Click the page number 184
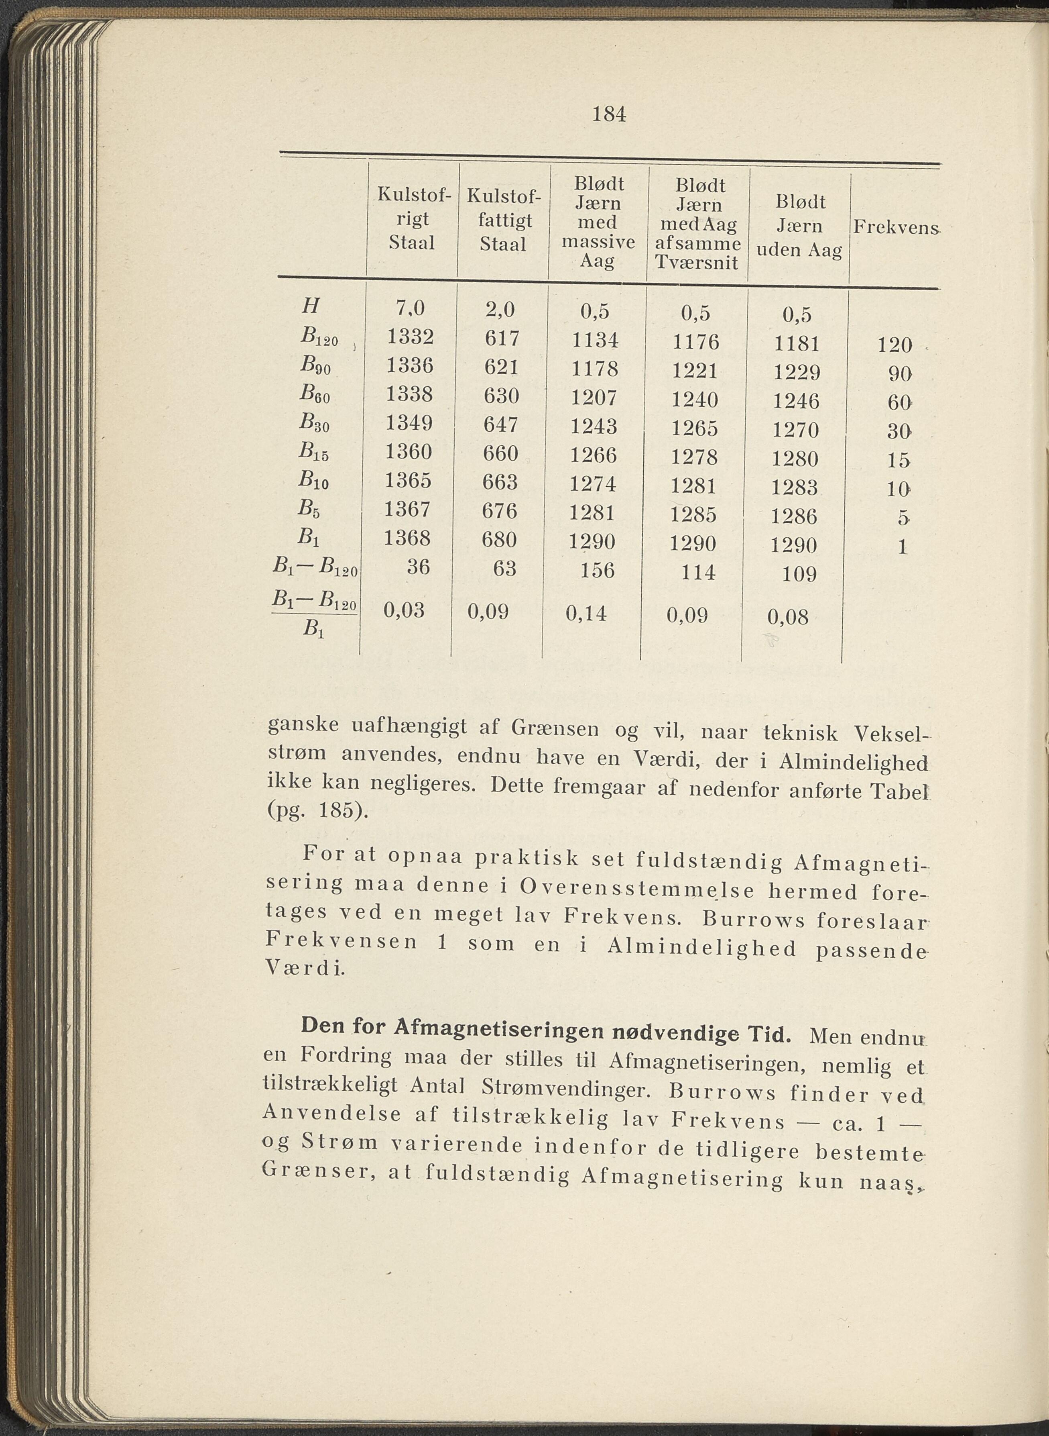608,114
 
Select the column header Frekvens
895,227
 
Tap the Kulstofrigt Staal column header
411,218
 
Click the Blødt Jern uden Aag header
799,226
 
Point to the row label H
311,307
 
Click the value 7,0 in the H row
410,308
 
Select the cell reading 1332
410,337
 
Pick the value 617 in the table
502,338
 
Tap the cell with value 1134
595,341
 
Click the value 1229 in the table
797,372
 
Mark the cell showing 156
598,570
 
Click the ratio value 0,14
585,613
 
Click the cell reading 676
501,511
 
